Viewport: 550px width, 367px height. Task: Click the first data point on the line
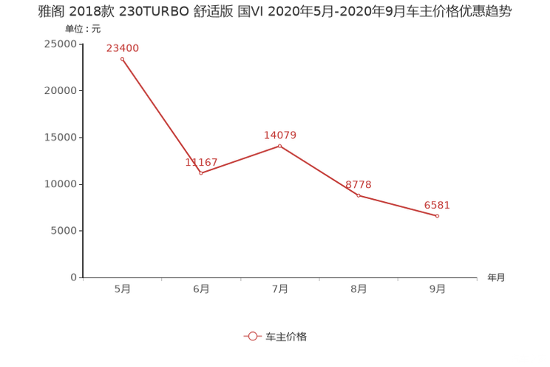point(122,58)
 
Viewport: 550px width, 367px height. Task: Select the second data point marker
point(200,172)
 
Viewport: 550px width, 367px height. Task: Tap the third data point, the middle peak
point(279,145)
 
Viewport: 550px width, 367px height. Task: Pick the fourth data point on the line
point(359,195)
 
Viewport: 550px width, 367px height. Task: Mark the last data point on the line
point(438,216)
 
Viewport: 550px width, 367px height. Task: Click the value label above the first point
point(123,48)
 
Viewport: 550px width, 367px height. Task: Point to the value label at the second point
point(201,162)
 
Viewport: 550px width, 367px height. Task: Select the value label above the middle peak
point(280,135)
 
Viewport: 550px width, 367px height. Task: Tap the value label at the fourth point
point(359,185)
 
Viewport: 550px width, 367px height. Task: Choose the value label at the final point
point(437,205)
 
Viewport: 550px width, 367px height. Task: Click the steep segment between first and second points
point(161,115)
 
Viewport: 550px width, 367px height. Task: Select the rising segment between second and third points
point(240,158)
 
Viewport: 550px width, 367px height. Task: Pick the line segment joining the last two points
point(398,206)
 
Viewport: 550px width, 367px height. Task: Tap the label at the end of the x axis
point(496,278)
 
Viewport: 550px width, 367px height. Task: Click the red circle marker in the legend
point(253,336)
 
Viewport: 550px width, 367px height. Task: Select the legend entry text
point(285,336)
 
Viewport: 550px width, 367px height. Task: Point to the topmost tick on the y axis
point(80,44)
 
